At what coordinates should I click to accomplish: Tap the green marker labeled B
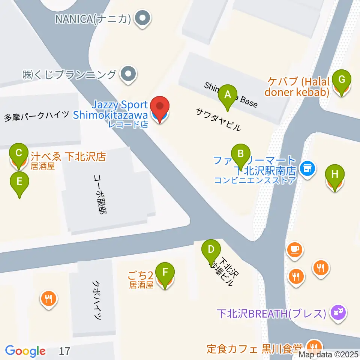tap(240, 155)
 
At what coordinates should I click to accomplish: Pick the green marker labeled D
tap(211, 250)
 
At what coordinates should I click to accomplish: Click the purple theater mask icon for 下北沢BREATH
tap(338, 312)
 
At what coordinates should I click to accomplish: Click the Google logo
tap(25, 351)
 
